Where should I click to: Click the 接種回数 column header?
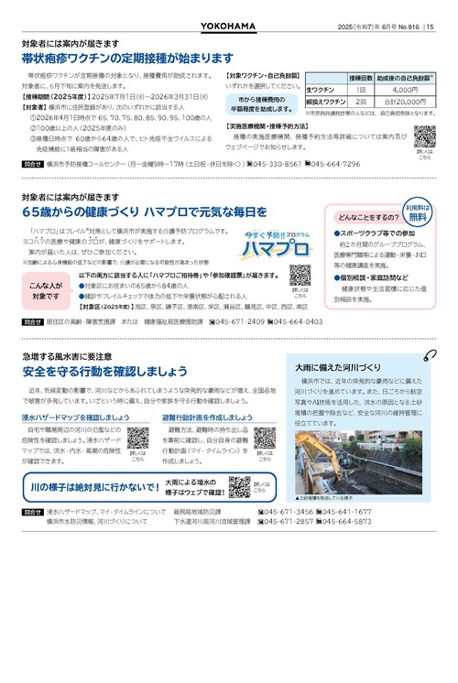coord(359,79)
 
